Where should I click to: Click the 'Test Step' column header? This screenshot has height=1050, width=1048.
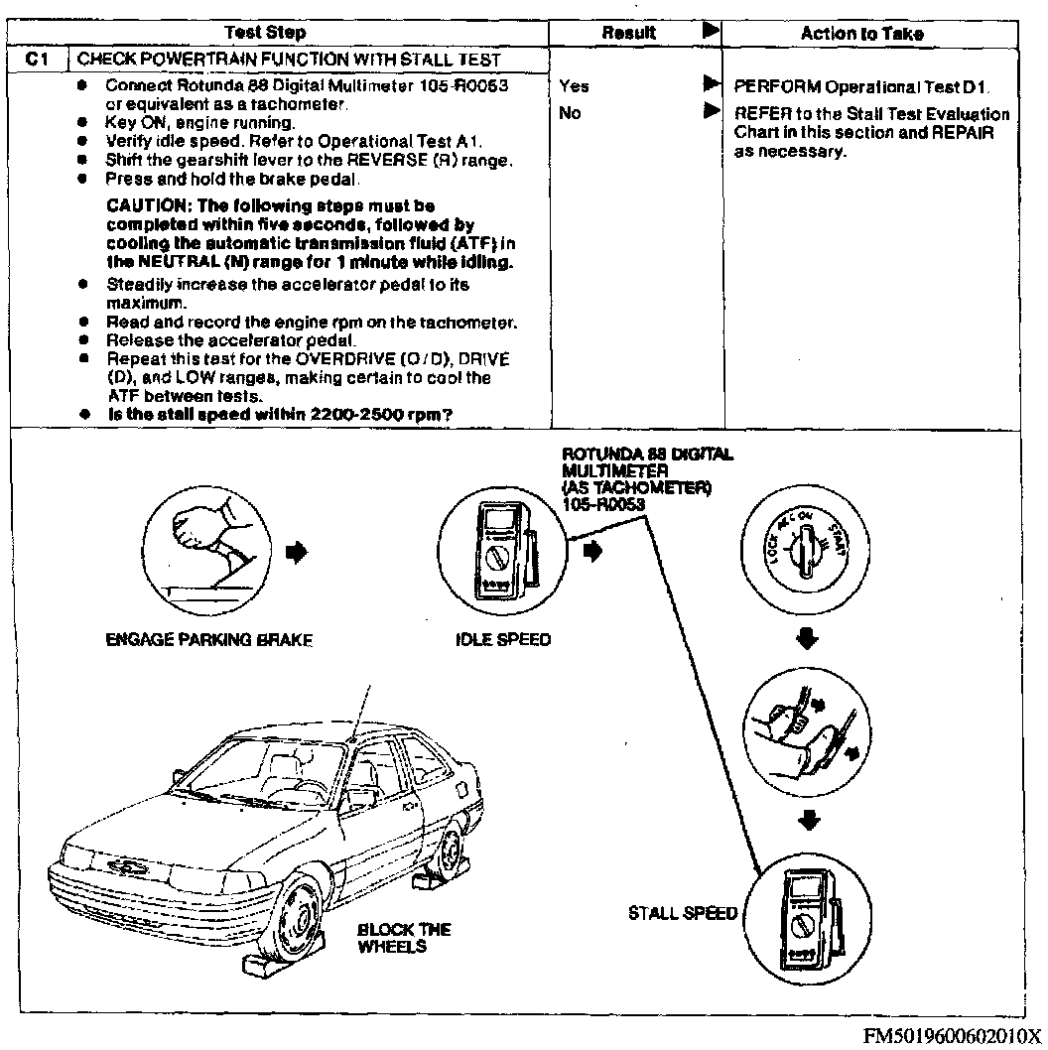click(265, 33)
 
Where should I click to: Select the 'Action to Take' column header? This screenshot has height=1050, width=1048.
click(861, 34)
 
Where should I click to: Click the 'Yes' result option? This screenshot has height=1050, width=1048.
click(573, 86)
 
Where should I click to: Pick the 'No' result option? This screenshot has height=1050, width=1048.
click(570, 113)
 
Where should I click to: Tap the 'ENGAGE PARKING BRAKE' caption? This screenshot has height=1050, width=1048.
click(208, 640)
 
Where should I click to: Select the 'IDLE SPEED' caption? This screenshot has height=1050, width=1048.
click(503, 640)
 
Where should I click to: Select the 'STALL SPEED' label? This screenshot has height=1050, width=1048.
click(683, 913)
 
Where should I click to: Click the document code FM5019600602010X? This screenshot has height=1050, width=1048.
click(953, 1035)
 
